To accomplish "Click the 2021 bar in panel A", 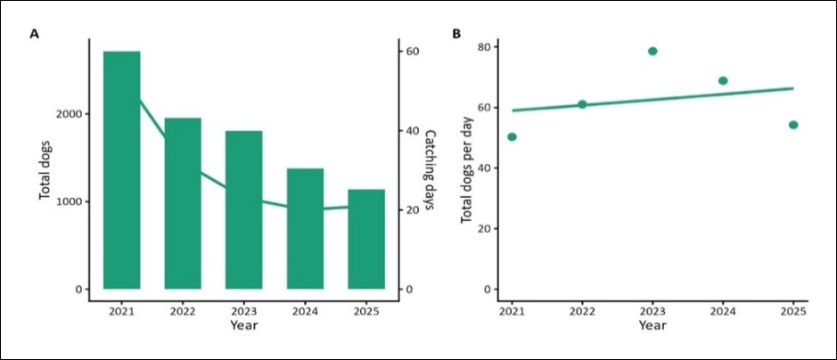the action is pyautogui.click(x=122, y=170).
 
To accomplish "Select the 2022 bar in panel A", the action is pyautogui.click(x=183, y=203).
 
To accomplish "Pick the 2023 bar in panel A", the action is pyautogui.click(x=244, y=209).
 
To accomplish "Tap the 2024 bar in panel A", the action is pyautogui.click(x=306, y=229).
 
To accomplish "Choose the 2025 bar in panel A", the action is pyautogui.click(x=366, y=239).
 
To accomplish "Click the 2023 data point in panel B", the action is pyautogui.click(x=652, y=51).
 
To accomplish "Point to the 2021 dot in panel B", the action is pyautogui.click(x=512, y=137).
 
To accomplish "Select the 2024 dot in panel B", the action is pyautogui.click(x=723, y=80).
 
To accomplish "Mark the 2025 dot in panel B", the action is pyautogui.click(x=793, y=125).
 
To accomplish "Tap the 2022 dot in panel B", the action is pyautogui.click(x=582, y=104).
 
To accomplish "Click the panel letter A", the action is pyautogui.click(x=34, y=34).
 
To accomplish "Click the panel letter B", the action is pyautogui.click(x=456, y=34).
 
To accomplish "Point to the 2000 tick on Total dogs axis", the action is pyautogui.click(x=69, y=114).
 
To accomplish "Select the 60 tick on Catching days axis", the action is pyautogui.click(x=412, y=51).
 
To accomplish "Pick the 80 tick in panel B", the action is pyautogui.click(x=484, y=47).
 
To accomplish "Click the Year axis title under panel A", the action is pyautogui.click(x=244, y=324).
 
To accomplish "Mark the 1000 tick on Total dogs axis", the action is pyautogui.click(x=69, y=201).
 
